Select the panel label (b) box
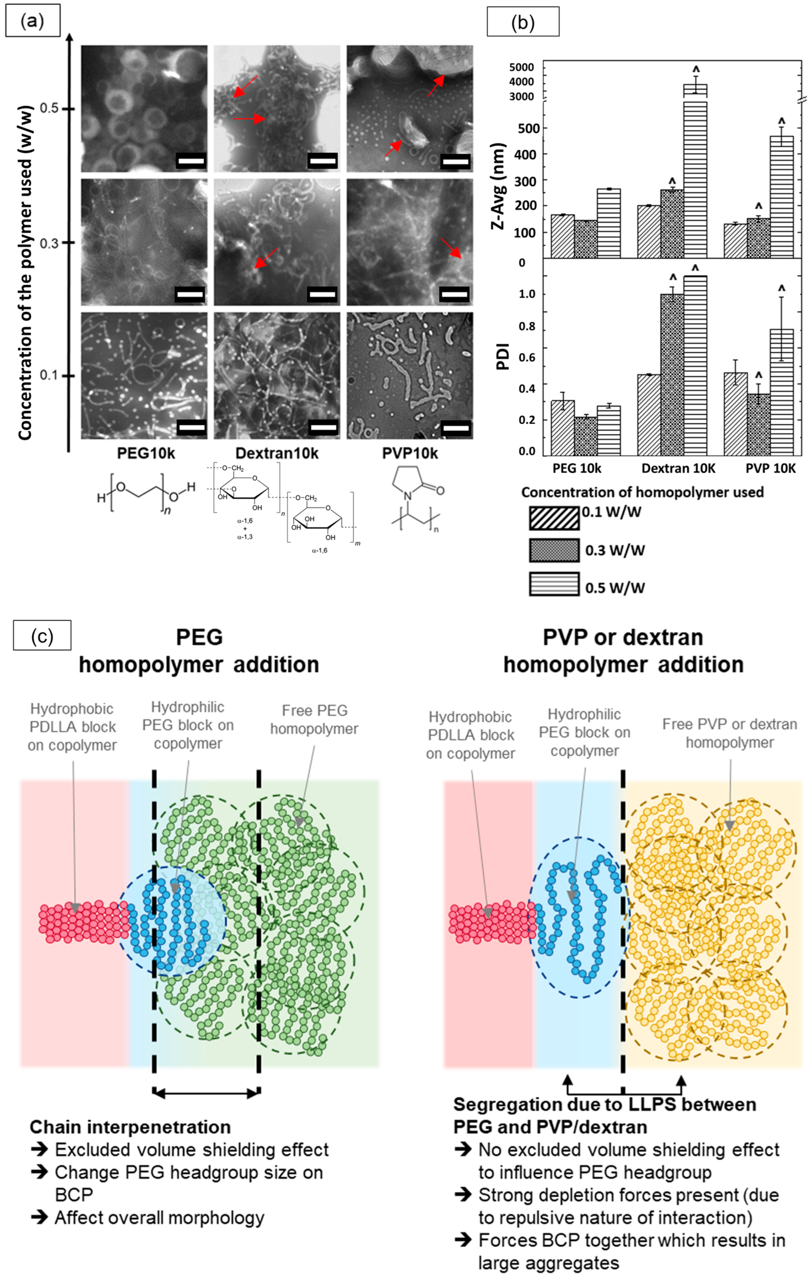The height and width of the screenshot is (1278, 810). (x=523, y=22)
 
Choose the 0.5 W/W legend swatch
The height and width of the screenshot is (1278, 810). (x=554, y=584)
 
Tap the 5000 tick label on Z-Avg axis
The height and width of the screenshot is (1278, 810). (x=521, y=67)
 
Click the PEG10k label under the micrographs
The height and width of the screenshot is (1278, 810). (x=146, y=453)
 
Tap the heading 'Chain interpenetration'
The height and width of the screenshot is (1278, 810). (x=130, y=1127)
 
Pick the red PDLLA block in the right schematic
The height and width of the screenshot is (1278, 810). (x=491, y=924)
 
